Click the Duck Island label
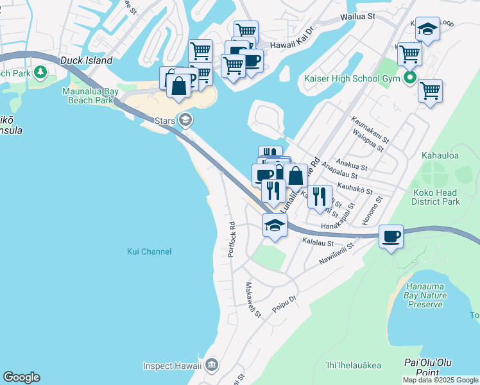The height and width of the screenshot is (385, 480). click(87, 61)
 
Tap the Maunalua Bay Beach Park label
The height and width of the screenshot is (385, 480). click(88, 96)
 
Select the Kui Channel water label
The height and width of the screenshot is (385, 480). click(149, 252)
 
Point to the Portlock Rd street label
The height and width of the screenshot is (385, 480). click(232, 237)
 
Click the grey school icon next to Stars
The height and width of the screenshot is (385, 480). click(185, 120)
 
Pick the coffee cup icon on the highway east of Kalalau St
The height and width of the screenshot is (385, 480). click(391, 237)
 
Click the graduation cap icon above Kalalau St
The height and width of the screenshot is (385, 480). click(275, 225)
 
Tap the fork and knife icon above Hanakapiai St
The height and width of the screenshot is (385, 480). click(320, 196)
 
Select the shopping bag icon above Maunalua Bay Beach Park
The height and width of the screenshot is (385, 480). click(178, 84)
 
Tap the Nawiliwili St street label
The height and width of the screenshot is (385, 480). click(336, 255)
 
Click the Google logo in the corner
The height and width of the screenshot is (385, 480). click(21, 377)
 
